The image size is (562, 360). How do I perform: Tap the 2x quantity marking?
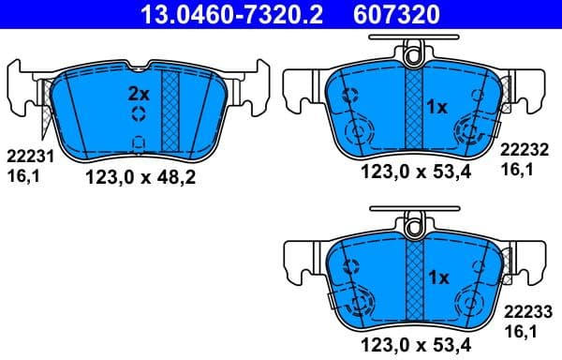pos(139,94)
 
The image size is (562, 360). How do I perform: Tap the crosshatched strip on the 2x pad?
pos(170,111)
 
